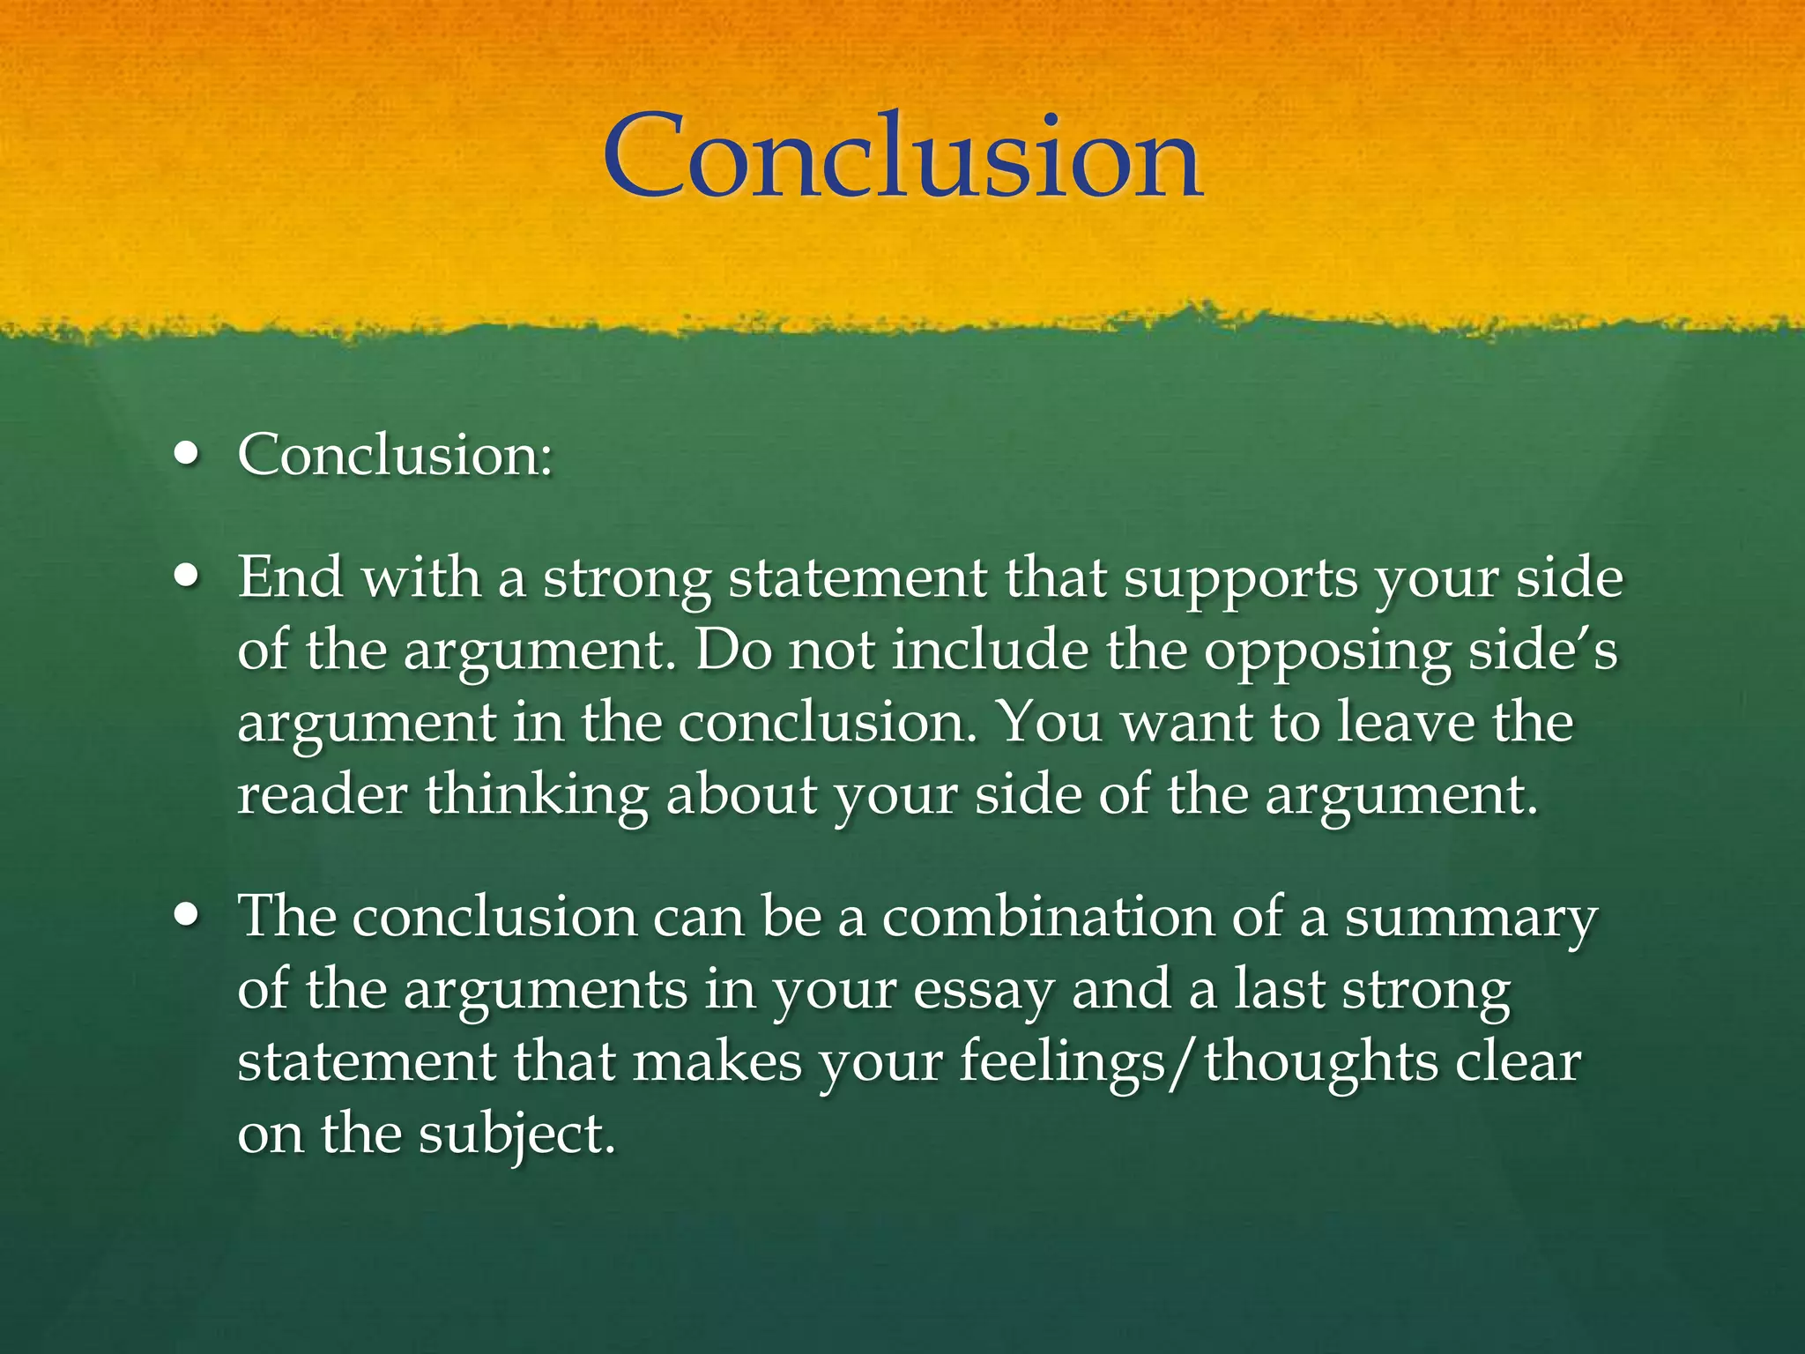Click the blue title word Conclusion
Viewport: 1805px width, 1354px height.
(902, 157)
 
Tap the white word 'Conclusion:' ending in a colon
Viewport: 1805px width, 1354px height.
(395, 455)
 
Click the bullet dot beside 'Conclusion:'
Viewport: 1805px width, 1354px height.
(186, 455)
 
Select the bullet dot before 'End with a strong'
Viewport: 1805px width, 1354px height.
(186, 577)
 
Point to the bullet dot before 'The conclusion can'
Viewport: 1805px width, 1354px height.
(186, 916)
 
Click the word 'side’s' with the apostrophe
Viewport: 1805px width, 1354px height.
(1543, 651)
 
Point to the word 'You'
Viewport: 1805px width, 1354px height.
(1049, 723)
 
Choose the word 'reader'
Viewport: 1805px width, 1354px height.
(323, 795)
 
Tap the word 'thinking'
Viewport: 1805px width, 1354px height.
(537, 795)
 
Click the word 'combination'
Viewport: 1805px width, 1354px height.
(1048, 916)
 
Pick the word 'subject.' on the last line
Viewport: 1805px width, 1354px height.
(516, 1135)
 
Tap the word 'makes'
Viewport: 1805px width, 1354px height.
(717, 1060)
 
